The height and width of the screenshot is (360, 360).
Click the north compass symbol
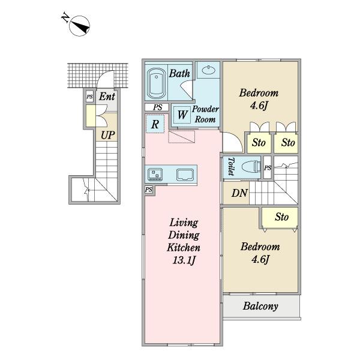coord(79,26)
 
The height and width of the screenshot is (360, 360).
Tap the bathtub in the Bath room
coord(157,83)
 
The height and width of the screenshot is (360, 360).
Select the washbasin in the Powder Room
coord(208,70)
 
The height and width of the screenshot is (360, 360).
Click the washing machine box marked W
coord(182,115)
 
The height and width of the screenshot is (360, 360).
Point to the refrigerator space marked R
coord(155,124)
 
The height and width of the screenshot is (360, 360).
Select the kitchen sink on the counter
coord(185,175)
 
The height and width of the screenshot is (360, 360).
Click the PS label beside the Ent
coord(90,97)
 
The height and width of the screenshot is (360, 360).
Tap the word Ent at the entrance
coord(107,97)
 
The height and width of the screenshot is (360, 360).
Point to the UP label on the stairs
coord(107,135)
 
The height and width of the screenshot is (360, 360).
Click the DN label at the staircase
coord(239,193)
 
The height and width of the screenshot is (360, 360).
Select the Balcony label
coord(260,306)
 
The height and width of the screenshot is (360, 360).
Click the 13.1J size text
coord(184,260)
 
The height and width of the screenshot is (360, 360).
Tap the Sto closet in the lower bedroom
coord(280,217)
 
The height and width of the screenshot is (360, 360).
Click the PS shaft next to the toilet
coord(268,167)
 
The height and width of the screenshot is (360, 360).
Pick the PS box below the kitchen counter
coord(149,190)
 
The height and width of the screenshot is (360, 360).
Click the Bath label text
coord(179,74)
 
